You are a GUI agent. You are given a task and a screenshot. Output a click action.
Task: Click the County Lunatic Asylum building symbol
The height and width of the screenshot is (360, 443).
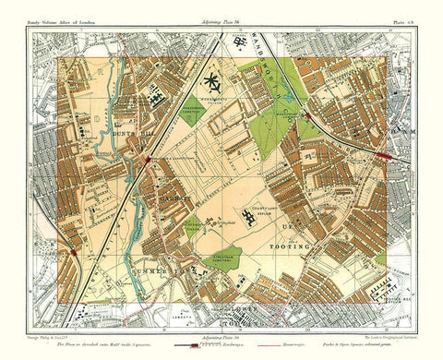[x=246, y=217]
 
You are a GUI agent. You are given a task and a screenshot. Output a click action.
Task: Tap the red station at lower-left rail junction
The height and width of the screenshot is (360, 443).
[x=73, y=253]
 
